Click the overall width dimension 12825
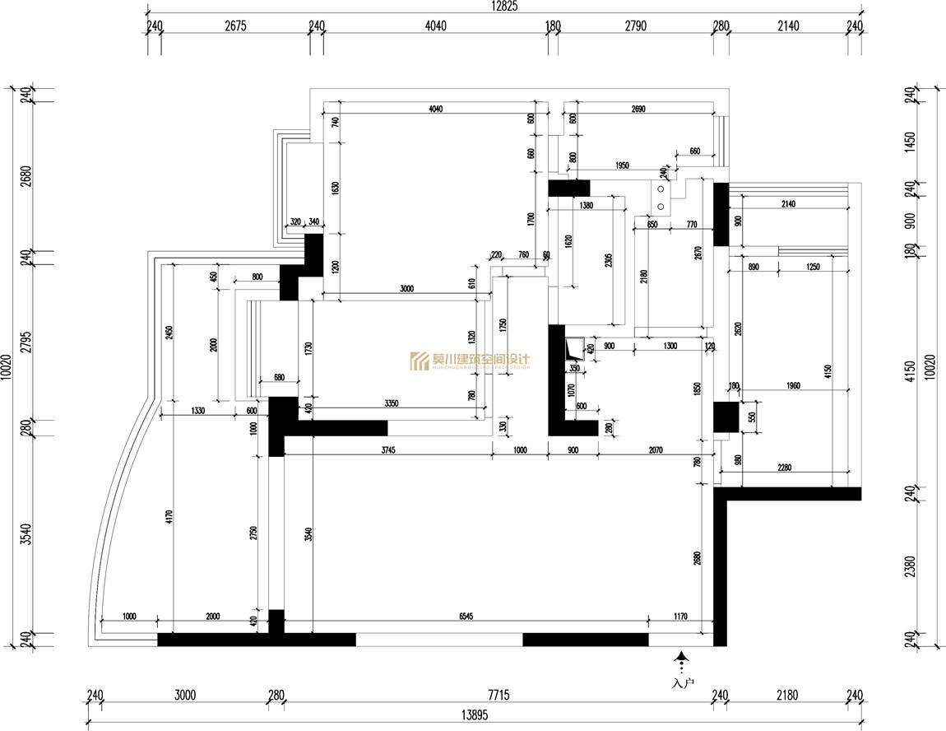504,7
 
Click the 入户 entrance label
682,683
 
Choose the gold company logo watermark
470,361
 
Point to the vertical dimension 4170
169,517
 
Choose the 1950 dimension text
621,166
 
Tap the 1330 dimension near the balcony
197,409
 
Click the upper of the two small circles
661,189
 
